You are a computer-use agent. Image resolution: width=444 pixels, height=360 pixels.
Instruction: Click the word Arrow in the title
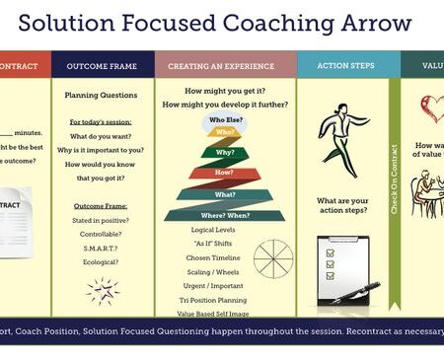[374, 22]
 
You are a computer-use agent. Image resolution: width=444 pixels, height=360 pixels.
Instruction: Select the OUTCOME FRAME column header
[102, 66]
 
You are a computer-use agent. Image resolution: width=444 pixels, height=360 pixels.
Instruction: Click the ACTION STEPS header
[344, 66]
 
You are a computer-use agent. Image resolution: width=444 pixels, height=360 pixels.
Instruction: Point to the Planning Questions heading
[102, 96]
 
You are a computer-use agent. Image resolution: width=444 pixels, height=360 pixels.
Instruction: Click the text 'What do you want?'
[102, 135]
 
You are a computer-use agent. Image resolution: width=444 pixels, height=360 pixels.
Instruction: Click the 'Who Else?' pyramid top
[225, 119]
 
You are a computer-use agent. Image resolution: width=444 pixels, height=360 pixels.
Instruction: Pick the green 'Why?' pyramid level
[225, 153]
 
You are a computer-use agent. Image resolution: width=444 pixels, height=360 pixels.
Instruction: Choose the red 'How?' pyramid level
[225, 174]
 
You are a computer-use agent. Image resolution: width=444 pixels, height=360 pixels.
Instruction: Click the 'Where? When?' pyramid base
[225, 214]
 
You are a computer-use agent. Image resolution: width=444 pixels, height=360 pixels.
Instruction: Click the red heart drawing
[431, 108]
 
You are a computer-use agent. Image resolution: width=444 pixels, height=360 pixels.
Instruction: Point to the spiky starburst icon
[103, 290]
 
